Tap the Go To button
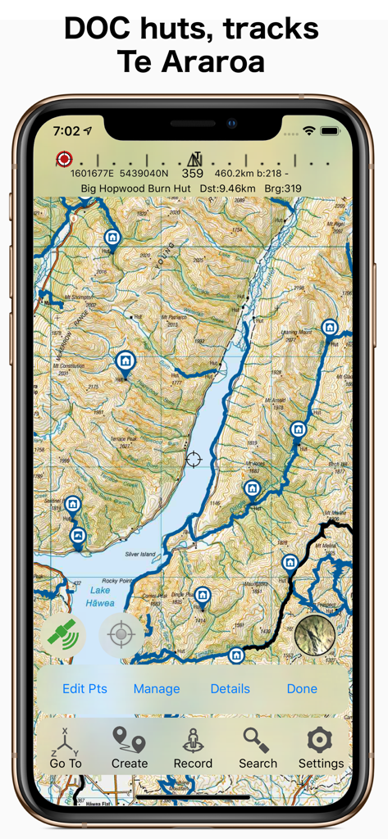(66, 747)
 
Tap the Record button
(193, 747)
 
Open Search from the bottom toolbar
(258, 747)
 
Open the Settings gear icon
(321, 747)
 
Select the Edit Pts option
(84, 689)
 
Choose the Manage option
(157, 689)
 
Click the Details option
(231, 689)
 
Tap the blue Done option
(302, 689)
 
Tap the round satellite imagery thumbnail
(315, 634)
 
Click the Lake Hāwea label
(100, 596)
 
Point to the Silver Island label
(139, 555)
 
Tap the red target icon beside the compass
(64, 159)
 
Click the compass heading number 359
(193, 174)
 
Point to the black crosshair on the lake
(194, 459)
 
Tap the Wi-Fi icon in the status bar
(309, 131)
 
